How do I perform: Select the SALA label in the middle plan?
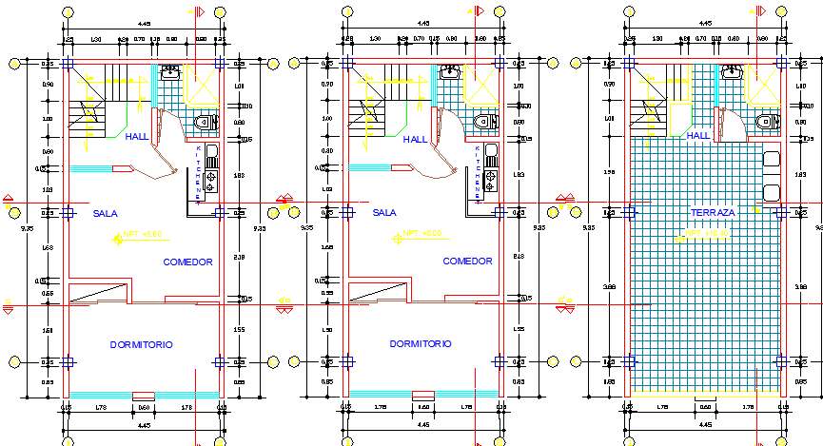pyautogui.click(x=384, y=213)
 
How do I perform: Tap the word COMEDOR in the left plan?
pyautogui.click(x=187, y=262)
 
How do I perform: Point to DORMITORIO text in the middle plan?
pyautogui.click(x=420, y=343)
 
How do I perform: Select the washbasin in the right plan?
pyautogui.click(x=732, y=72)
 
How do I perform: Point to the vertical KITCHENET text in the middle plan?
pyautogui.click(x=478, y=172)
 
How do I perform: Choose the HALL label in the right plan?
pyautogui.click(x=699, y=136)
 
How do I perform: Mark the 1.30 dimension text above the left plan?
pyautogui.click(x=96, y=39)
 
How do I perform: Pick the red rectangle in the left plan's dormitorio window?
pyautogui.click(x=143, y=395)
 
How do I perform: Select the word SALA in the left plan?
pyautogui.click(x=105, y=213)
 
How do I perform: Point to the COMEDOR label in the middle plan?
pyautogui.click(x=467, y=262)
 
